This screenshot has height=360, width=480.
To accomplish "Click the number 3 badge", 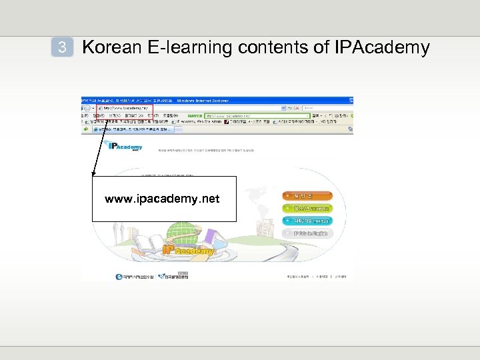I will (x=62, y=47).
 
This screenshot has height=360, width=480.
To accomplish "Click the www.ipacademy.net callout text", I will (x=162, y=199).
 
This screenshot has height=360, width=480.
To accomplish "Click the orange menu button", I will (x=307, y=196).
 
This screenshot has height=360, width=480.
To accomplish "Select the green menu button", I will (x=307, y=208).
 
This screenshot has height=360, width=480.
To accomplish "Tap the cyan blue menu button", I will (x=307, y=221).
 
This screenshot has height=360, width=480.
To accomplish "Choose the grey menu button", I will (x=307, y=233).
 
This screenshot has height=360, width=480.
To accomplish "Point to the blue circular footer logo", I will (x=119, y=277).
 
